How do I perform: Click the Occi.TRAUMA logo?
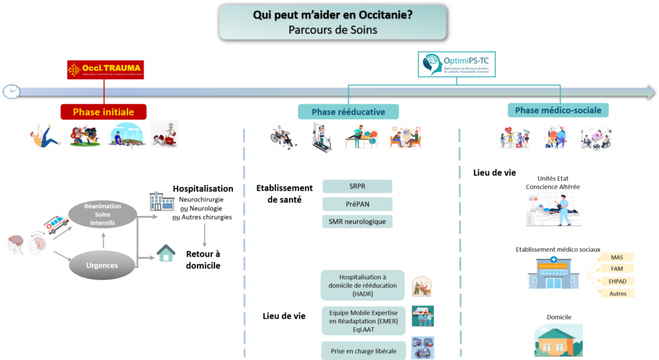point(106,70)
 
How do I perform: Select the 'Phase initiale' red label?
point(103,111)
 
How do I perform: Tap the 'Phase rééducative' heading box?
point(348,111)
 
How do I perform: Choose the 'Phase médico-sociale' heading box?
point(558,110)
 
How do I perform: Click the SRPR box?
point(357,186)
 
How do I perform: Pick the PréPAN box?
point(357,204)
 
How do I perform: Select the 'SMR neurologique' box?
point(357,222)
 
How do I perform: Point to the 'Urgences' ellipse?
point(102,265)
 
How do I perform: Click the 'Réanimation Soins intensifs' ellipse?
point(102,214)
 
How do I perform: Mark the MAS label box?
point(617,256)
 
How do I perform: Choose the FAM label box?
point(617,269)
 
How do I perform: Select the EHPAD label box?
point(617,281)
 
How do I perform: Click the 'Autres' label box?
point(617,293)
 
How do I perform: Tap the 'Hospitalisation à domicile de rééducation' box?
point(363,285)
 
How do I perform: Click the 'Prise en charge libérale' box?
point(363,350)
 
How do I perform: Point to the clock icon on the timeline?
point(10,91)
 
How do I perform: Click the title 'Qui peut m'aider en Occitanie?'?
point(332,15)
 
